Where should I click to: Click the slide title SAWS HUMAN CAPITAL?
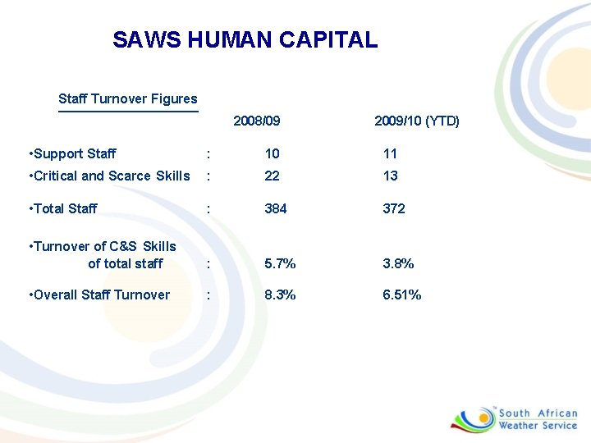245,39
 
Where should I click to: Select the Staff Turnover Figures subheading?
128,99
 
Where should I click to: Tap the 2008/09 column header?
257,121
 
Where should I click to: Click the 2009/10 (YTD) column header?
417,121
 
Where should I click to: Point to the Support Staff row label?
72,153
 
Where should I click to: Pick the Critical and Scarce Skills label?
109,176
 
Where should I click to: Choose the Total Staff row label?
62,208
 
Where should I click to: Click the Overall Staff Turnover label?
98,295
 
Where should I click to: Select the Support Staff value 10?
272,153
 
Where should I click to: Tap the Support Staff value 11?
390,153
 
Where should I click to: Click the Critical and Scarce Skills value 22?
272,176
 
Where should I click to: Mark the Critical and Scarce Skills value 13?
391,176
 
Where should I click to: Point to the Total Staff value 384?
276,208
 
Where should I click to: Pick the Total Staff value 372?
394,208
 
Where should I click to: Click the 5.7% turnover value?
280,263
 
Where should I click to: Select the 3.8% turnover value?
398,263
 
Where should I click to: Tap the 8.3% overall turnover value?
280,295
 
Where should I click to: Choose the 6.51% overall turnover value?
402,295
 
